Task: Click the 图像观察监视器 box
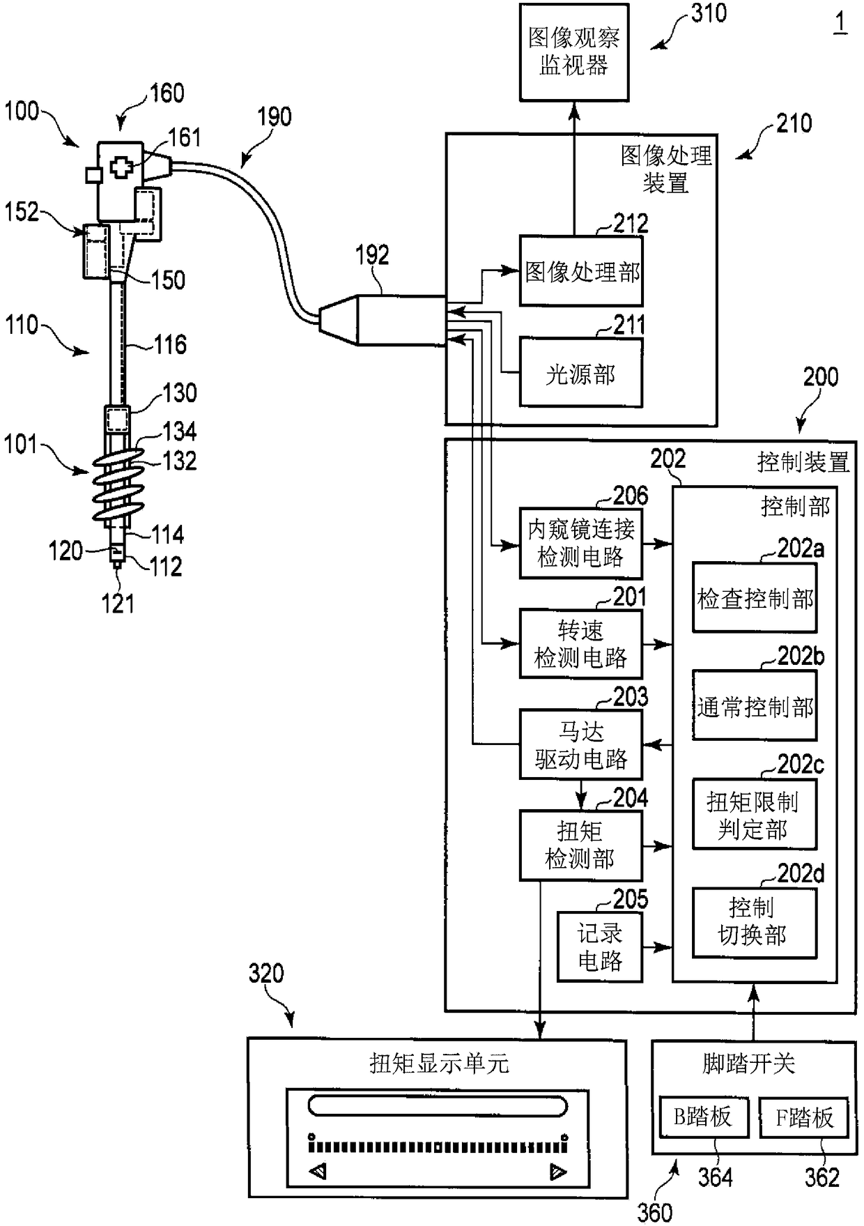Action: [574, 52]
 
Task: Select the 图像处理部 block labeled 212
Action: [581, 270]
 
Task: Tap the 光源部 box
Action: [581, 373]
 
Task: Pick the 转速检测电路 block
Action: [581, 644]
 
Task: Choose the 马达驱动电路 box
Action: [581, 744]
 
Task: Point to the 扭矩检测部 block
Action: [581, 845]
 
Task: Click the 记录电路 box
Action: [600, 947]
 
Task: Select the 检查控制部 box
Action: [755, 597]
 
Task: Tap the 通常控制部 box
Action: [755, 705]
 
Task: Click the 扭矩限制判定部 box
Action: [755, 814]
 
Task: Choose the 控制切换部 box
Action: [755, 922]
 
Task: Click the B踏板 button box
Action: [704, 1117]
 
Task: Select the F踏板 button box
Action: [804, 1117]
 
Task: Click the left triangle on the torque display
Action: [318, 1172]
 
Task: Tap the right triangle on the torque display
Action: [558, 1172]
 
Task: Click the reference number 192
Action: [371, 255]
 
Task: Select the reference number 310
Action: [709, 13]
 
